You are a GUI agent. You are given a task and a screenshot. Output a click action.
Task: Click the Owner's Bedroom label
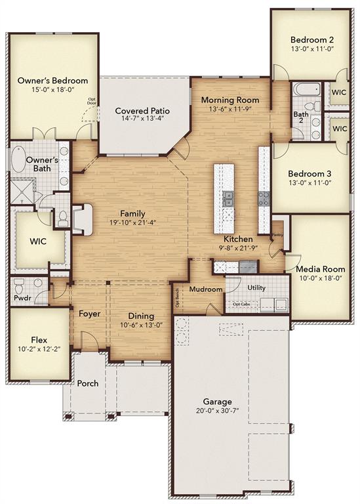(44, 81)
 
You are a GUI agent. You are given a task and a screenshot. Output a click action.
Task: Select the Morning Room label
(230, 100)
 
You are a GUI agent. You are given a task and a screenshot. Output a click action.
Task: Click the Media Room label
(320, 269)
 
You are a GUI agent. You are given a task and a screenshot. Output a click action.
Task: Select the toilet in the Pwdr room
(19, 286)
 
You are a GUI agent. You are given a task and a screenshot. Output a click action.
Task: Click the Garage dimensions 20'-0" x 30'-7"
(216, 412)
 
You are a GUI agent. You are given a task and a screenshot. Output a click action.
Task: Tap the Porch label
(88, 383)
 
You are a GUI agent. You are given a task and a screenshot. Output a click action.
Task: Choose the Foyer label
(90, 314)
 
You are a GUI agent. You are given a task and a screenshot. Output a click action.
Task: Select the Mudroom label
(205, 289)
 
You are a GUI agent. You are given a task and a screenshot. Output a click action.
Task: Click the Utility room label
(256, 287)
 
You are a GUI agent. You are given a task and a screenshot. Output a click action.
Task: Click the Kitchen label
(237, 239)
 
